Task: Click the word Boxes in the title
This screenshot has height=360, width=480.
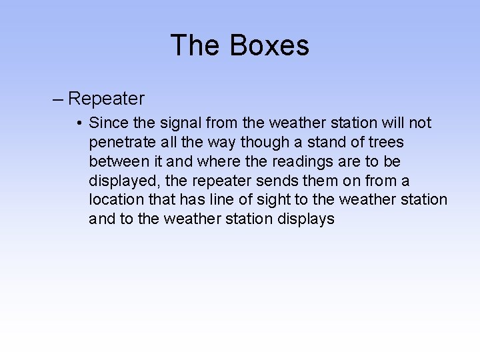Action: coord(269,45)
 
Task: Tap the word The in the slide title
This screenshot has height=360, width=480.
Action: coord(196,45)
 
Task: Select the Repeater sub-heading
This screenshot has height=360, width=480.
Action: coord(106,99)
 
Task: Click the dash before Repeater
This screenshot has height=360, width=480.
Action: coord(58,99)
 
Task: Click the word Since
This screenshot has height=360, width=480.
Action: coord(105,123)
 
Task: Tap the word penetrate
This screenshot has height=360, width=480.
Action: coord(121,143)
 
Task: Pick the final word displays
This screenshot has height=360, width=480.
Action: coord(308,219)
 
